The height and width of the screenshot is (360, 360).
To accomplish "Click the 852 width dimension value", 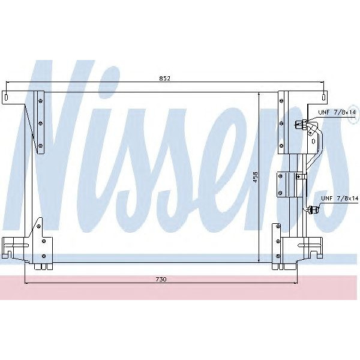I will (x=166, y=78).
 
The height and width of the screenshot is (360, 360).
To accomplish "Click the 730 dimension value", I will (x=160, y=280).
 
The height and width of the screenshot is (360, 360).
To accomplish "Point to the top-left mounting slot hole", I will (x=5, y=96).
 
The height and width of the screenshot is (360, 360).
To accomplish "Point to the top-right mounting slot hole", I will (x=324, y=96).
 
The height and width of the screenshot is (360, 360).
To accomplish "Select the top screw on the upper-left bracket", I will (x=40, y=100).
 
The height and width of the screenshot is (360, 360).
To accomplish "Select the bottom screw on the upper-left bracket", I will (x=40, y=145).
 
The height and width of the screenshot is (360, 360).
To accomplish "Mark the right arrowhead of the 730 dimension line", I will (x=296, y=283).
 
